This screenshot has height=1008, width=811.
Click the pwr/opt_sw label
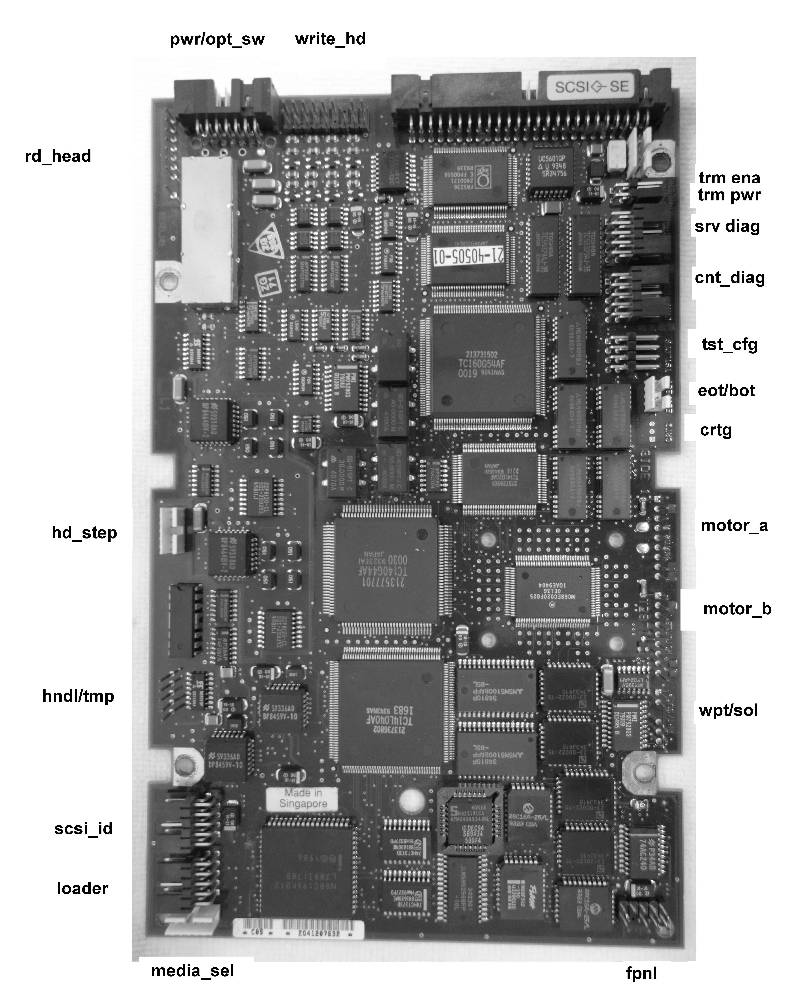[217, 39]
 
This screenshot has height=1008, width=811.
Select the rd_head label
[58, 156]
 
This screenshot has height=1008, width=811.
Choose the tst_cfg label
[729, 345]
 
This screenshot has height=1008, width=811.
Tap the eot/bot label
[726, 390]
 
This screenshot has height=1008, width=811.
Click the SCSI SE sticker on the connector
[591, 87]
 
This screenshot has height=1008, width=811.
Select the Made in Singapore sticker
[303, 798]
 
